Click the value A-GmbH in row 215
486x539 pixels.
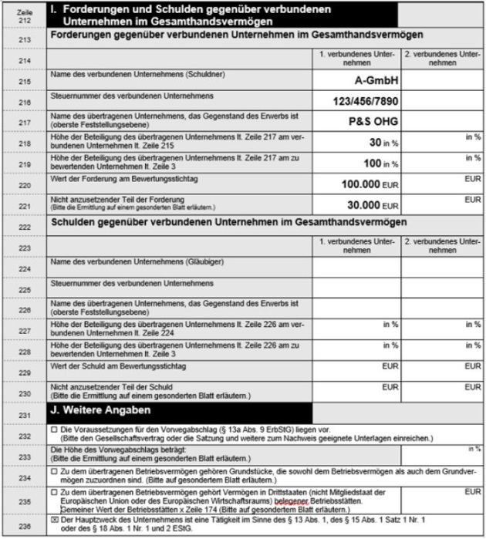[x=372, y=80]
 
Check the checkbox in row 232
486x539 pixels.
[x=53, y=429]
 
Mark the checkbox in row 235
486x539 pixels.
[x=53, y=491]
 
